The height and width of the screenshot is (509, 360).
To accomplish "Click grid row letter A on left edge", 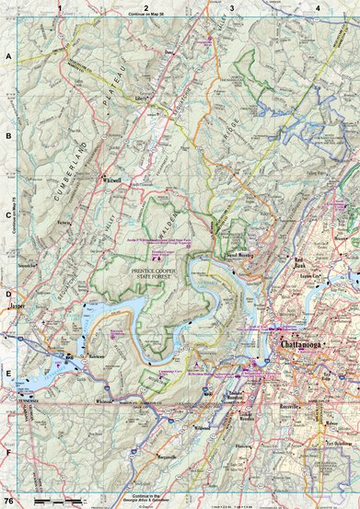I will click(x=8, y=57).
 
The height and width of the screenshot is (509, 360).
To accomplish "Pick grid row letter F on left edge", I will click(x=8, y=453).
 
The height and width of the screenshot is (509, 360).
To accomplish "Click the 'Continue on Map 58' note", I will click(x=145, y=14).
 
